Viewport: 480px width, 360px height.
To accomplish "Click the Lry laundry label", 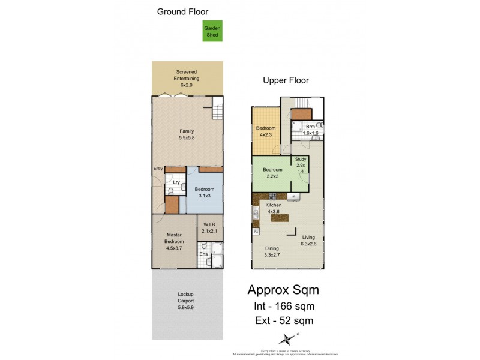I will coord(176,182).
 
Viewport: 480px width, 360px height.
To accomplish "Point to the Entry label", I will coord(158,169).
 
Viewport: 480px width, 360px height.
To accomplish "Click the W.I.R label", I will coord(209,226).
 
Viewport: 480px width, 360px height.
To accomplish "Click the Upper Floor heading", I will coord(286,80).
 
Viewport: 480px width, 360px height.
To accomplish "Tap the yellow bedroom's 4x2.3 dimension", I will coord(266,134).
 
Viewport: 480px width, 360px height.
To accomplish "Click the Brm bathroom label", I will coord(310,127).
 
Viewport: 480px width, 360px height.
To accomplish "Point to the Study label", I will coord(301,158).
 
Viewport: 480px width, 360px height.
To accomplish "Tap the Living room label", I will coord(308,237).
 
